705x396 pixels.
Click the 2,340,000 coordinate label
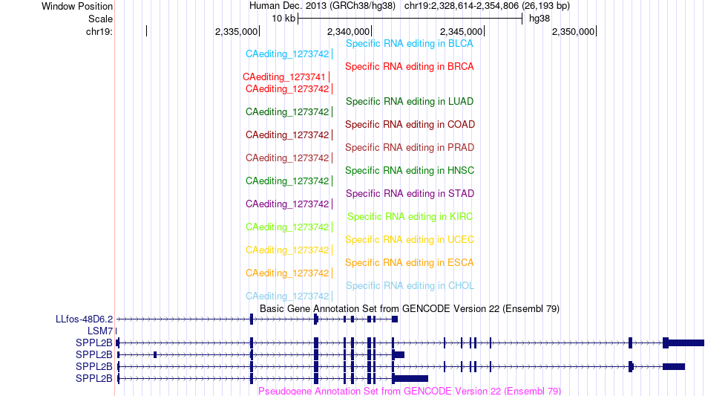pyautogui.click(x=348, y=31)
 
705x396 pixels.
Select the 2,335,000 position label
pyautogui.click(x=236, y=31)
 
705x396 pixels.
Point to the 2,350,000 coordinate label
pyautogui.click(x=573, y=31)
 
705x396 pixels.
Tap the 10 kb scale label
pyautogui.click(x=283, y=19)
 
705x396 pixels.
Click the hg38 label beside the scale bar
pyautogui.click(x=539, y=19)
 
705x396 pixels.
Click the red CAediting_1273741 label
pyautogui.click(x=283, y=77)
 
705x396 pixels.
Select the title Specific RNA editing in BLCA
pyautogui.click(x=409, y=44)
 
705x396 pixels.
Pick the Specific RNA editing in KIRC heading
pyautogui.click(x=410, y=216)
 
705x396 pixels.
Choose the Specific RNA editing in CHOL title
pyautogui.click(x=410, y=286)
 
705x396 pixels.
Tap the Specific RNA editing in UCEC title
pyautogui.click(x=410, y=239)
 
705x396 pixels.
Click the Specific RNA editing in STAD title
pyautogui.click(x=410, y=193)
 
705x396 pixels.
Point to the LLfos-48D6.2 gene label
pyautogui.click(x=84, y=319)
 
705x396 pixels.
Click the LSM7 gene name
pyautogui.click(x=100, y=331)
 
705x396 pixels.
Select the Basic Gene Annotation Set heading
pyautogui.click(x=410, y=308)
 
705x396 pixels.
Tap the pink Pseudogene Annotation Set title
pyautogui.click(x=410, y=391)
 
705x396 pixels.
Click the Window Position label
pyautogui.click(x=77, y=6)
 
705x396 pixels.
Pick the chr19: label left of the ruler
pyautogui.click(x=99, y=31)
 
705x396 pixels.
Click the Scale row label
pyautogui.click(x=100, y=19)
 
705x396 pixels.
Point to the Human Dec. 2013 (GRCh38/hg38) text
pyautogui.click(x=322, y=6)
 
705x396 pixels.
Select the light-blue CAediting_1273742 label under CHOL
pyautogui.click(x=287, y=296)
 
